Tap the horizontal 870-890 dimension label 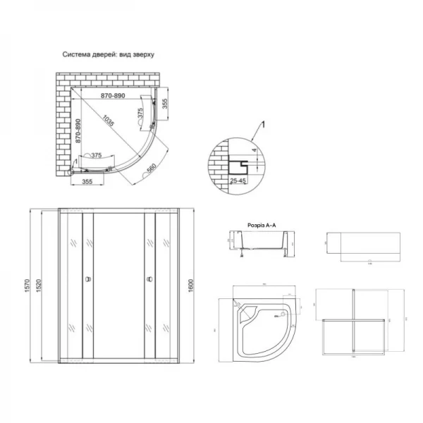point(112,95)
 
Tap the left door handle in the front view point(88,278)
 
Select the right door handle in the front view point(149,278)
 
